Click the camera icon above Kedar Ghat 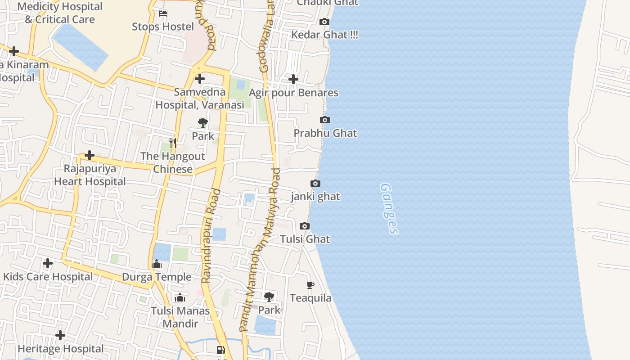[x=324, y=22]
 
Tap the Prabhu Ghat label [x=325, y=133]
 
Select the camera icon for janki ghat [x=315, y=183]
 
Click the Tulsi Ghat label [x=305, y=239]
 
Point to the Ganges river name [x=389, y=208]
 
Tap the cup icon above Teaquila [x=310, y=284]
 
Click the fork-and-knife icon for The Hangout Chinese [x=173, y=143]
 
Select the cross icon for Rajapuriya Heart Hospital [x=90, y=155]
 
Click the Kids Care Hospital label [x=48, y=276]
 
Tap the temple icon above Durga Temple [x=157, y=264]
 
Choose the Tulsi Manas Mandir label [x=180, y=317]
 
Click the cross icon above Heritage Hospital [x=60, y=335]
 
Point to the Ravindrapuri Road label [x=210, y=236]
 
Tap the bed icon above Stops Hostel [x=163, y=13]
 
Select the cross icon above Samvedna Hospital [x=200, y=79]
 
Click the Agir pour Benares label [x=293, y=93]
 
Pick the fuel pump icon [x=220, y=350]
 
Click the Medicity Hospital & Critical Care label [x=60, y=13]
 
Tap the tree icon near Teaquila [x=269, y=297]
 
